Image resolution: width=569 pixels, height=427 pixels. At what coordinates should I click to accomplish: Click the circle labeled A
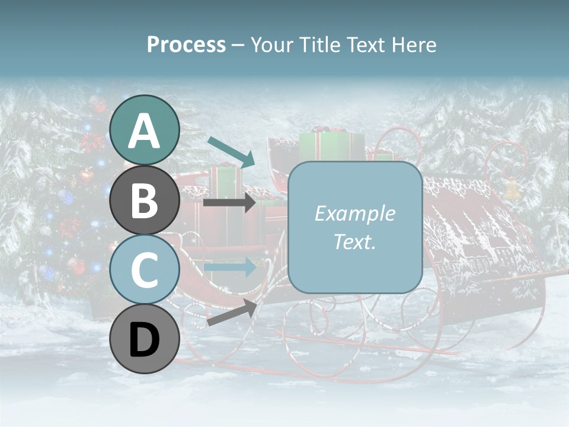tap(145, 130)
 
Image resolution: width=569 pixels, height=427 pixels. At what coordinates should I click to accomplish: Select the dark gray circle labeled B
tap(145, 200)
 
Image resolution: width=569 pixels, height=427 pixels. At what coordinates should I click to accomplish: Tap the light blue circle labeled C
tap(145, 270)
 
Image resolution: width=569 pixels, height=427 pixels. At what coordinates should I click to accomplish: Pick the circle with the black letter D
tap(145, 339)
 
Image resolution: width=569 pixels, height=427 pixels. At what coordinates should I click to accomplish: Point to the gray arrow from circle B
tap(229, 203)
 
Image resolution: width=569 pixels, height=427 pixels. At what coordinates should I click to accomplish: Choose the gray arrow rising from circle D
tap(231, 312)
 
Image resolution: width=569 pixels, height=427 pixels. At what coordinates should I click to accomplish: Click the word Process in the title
tap(186, 44)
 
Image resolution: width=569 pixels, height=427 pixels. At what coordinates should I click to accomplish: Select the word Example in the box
tap(355, 213)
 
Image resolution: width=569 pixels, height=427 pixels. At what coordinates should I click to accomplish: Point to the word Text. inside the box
tap(355, 242)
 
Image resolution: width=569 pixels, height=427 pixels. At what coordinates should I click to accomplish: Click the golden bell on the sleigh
tap(510, 189)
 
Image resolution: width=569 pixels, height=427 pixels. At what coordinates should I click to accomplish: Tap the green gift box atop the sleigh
tap(331, 145)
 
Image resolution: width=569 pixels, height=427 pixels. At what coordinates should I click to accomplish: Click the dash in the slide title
tap(238, 45)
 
